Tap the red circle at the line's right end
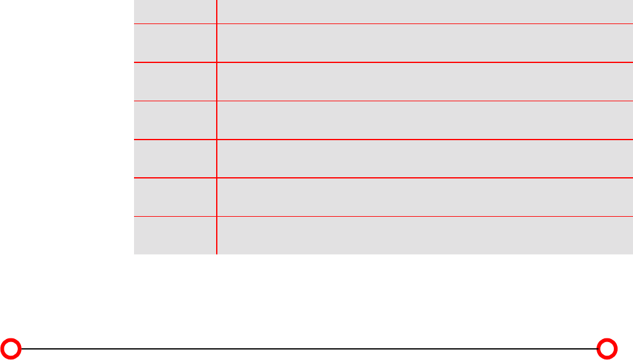[x=608, y=348]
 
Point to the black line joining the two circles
[x=309, y=348]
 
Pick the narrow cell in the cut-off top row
[x=175, y=11]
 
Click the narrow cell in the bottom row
[x=175, y=235]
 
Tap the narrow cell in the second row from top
[x=175, y=43]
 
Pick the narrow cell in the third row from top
[x=175, y=82]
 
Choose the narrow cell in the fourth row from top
[x=175, y=120]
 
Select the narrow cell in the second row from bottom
[x=175, y=197]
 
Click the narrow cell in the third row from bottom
[x=175, y=159]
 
